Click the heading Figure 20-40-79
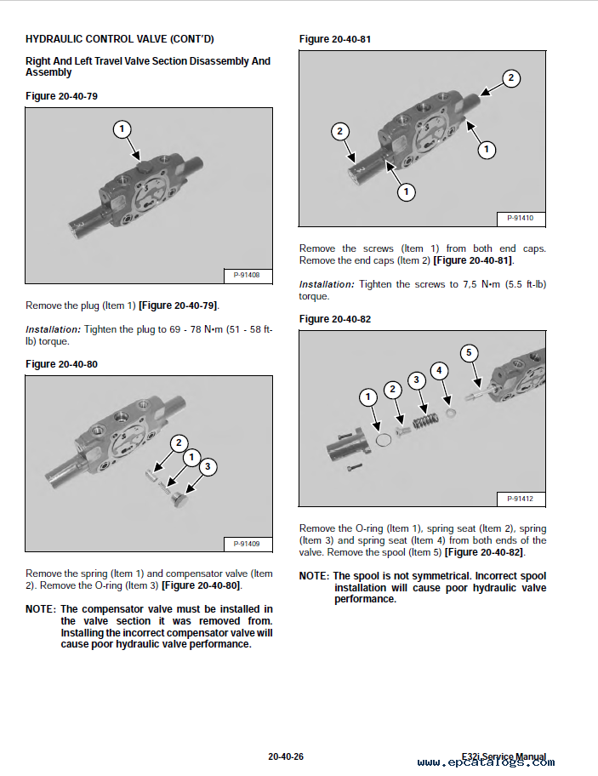pyautogui.click(x=61, y=96)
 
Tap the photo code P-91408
pyautogui.click(x=247, y=275)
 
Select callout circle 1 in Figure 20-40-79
pyautogui.click(x=122, y=129)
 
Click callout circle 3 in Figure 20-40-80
pyautogui.click(x=207, y=466)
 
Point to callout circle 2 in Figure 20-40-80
pyautogui.click(x=179, y=442)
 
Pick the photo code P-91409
pyautogui.click(x=247, y=543)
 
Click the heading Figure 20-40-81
pyautogui.click(x=335, y=39)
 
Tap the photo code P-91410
pyautogui.click(x=520, y=218)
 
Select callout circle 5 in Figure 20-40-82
pyautogui.click(x=469, y=352)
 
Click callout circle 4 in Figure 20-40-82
pyautogui.click(x=439, y=370)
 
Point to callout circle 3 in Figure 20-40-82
pyautogui.click(x=416, y=380)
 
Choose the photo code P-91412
pyautogui.click(x=520, y=499)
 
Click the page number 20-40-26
pyautogui.click(x=286, y=756)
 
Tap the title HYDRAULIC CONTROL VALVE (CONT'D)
pyautogui.click(x=120, y=39)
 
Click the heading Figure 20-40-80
pyautogui.click(x=61, y=364)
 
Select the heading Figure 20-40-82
pyautogui.click(x=335, y=319)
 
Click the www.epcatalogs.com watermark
pyautogui.click(x=482, y=763)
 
